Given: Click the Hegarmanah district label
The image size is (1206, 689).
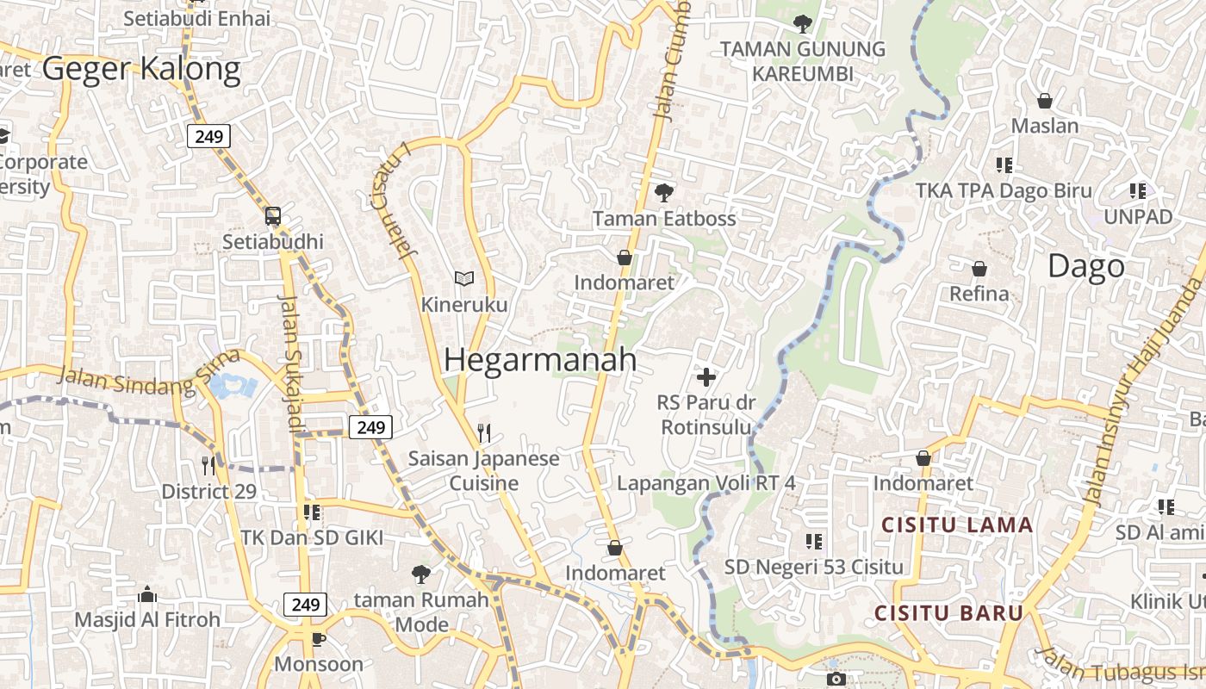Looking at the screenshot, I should pyautogui.click(x=540, y=360).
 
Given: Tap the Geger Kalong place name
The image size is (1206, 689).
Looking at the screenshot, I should pyautogui.click(x=141, y=69).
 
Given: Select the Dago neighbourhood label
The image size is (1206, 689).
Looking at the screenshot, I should pyautogui.click(x=1085, y=266).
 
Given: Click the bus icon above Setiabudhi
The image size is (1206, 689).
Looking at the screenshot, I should pyautogui.click(x=273, y=216).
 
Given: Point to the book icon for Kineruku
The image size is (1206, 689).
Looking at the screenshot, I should pyautogui.click(x=464, y=278).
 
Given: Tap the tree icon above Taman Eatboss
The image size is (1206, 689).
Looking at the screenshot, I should pyautogui.click(x=663, y=193).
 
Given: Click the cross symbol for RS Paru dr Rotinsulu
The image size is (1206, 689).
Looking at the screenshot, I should pyautogui.click(x=706, y=376).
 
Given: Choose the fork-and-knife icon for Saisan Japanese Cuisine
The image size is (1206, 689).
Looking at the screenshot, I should pyautogui.click(x=484, y=432).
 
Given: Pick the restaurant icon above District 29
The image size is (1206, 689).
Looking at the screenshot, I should pyautogui.click(x=208, y=466).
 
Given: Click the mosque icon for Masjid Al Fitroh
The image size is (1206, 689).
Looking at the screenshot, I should pyautogui.click(x=147, y=594).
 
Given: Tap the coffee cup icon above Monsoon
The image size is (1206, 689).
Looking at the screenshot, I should pyautogui.click(x=318, y=638).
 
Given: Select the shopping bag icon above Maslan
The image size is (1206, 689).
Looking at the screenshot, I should pyautogui.click(x=1045, y=101).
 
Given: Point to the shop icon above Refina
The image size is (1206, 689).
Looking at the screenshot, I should pyautogui.click(x=979, y=269).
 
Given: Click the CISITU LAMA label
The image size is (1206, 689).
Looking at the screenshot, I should pyautogui.click(x=957, y=525).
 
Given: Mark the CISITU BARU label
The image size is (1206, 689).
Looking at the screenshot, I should pyautogui.click(x=948, y=613).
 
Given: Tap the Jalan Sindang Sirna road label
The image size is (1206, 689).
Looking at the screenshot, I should pyautogui.click(x=146, y=376).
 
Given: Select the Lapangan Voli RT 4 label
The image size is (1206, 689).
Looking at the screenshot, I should pyautogui.click(x=706, y=483).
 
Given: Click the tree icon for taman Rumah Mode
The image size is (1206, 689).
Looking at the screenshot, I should pyautogui.click(x=420, y=574).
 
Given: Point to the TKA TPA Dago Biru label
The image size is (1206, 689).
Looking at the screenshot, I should pyautogui.click(x=1004, y=191).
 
